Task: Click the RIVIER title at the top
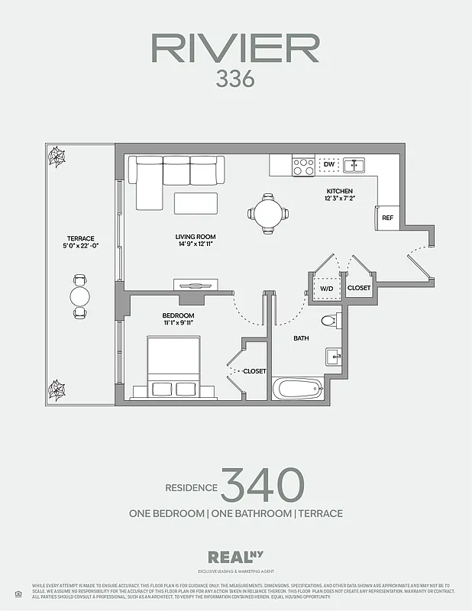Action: [235, 48]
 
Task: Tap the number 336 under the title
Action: [235, 79]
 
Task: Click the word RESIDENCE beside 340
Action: [192, 488]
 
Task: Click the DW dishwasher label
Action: [329, 164]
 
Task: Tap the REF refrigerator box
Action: [388, 218]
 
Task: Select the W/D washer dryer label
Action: [327, 289]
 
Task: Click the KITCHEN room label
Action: [339, 191]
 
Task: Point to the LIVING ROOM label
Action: [196, 237]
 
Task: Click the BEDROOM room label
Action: [178, 315]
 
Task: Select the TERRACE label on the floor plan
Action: [80, 238]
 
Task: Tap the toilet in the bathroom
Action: [329, 322]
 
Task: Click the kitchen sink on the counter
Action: [354, 164]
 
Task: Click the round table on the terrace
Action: [80, 296]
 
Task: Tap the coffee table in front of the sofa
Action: [196, 203]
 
